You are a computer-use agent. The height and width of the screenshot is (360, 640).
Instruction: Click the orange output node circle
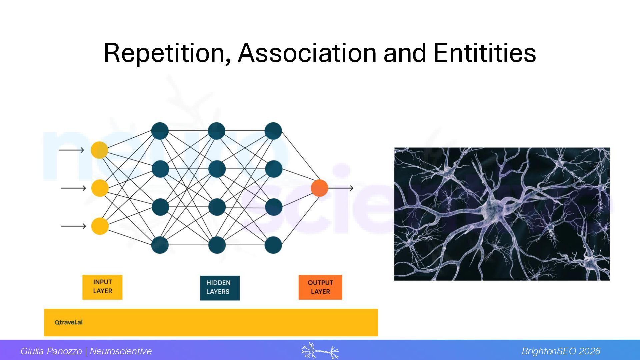pos(319,188)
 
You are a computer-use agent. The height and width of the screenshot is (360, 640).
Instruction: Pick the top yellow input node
pos(99,150)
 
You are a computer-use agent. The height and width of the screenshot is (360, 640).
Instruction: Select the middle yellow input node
pos(100,188)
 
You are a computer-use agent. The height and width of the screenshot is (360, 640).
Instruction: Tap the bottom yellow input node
pos(100,226)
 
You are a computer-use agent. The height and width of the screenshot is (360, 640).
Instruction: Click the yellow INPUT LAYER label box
pos(102,287)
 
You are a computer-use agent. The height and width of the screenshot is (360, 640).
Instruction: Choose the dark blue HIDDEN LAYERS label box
pos(220,288)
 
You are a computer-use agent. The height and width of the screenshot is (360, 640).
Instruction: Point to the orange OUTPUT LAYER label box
pos(320,287)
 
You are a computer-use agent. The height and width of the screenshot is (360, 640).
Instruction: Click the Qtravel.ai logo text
pos(69,322)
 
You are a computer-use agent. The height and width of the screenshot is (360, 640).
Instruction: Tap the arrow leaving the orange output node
pos(341,188)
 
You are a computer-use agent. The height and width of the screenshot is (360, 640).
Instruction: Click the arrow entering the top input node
pos(71,150)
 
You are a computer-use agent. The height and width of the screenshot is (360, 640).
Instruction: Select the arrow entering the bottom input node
pos(73,226)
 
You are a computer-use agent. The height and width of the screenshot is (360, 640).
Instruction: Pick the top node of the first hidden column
pos(160,131)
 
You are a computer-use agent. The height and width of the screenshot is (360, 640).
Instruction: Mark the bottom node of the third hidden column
pos(273,245)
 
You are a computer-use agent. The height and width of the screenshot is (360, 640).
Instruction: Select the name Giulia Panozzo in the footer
pos(51,351)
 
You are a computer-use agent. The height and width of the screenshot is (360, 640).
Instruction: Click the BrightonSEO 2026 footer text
pos(561,351)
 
